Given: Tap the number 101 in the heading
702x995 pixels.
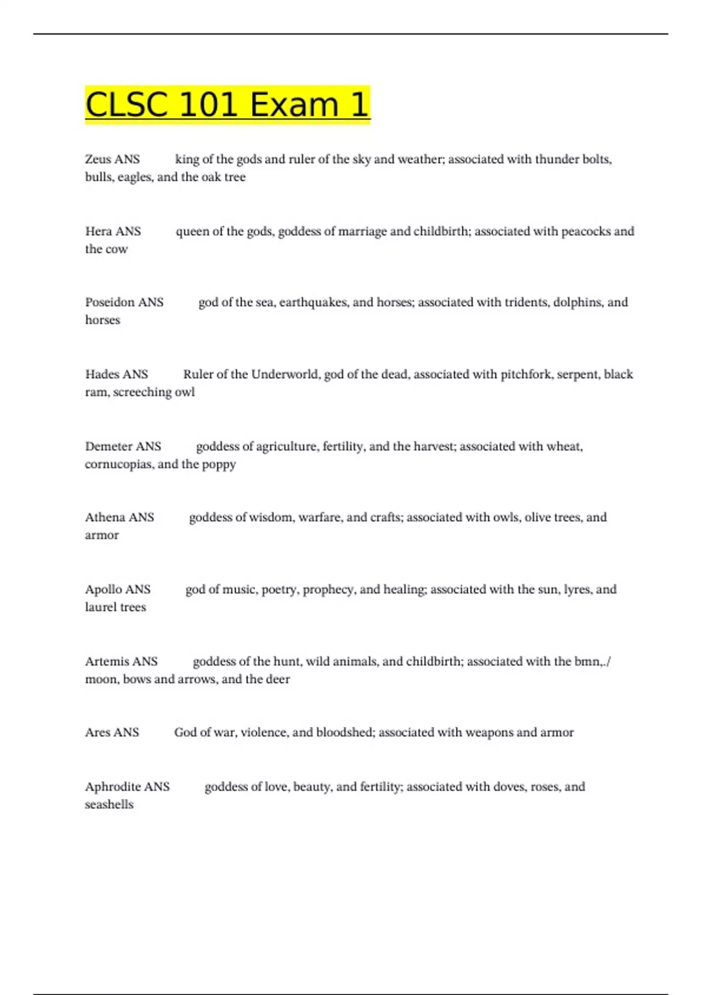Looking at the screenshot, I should (208, 105).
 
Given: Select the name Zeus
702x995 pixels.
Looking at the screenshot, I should (97, 159).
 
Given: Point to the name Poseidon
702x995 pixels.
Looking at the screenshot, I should (109, 302).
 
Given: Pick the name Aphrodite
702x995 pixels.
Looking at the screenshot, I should (112, 787).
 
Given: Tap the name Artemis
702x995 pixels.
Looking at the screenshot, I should (106, 661).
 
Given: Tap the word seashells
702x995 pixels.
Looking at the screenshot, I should (109, 805).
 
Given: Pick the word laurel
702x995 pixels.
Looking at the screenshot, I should (101, 607).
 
